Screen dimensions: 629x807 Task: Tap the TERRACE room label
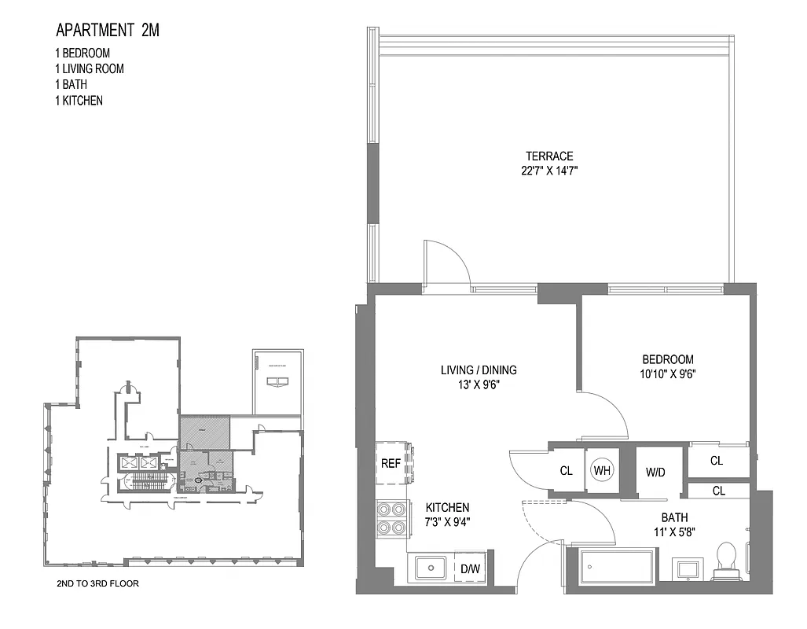[x=549, y=156]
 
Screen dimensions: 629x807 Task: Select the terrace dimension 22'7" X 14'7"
[x=549, y=171]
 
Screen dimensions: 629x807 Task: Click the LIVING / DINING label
[x=477, y=370]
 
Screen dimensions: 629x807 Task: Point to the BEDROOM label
[x=667, y=359]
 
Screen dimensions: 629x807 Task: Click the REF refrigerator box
[x=391, y=463]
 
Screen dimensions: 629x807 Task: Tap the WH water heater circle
[x=602, y=470]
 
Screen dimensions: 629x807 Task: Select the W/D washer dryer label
[x=655, y=473]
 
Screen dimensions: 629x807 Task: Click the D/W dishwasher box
[x=470, y=568]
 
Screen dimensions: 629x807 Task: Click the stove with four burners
[x=391, y=519]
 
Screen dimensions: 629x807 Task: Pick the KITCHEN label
[x=447, y=507]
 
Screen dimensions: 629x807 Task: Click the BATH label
[x=674, y=517]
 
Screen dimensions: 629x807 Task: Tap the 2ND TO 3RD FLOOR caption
[x=98, y=584]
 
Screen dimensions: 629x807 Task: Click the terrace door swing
[x=446, y=263]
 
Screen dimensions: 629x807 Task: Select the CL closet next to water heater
[x=567, y=471]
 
